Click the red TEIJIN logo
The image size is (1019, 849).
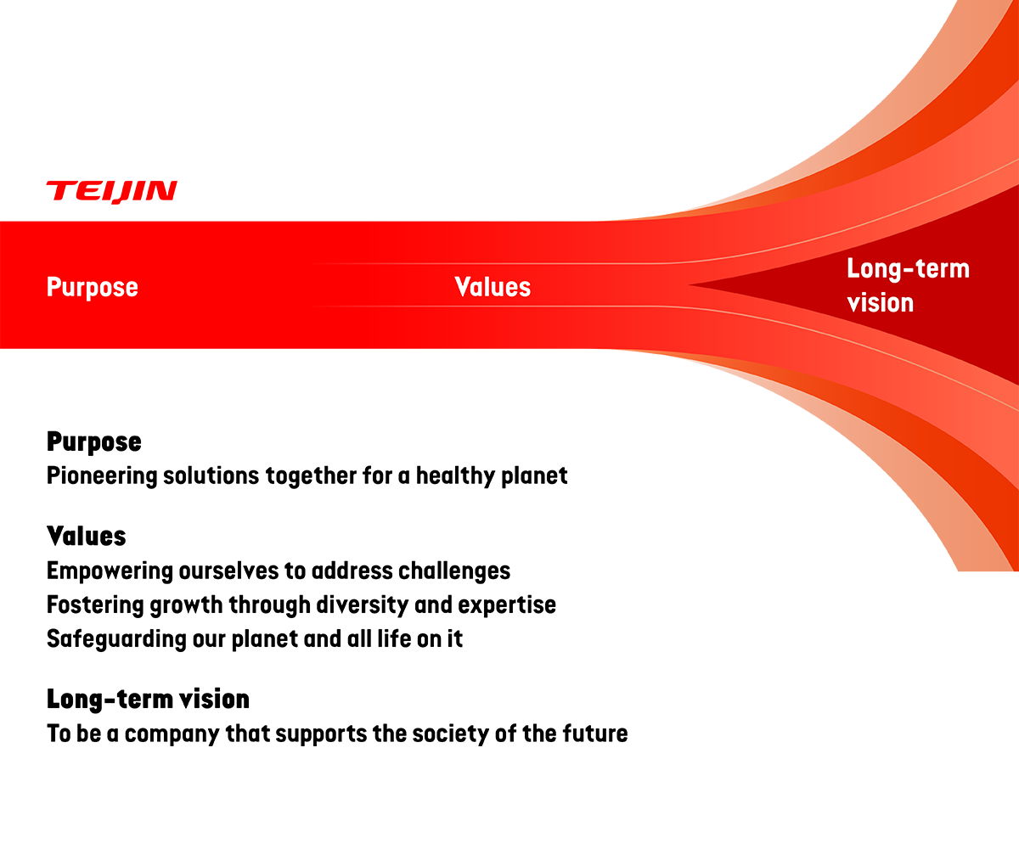click(x=112, y=192)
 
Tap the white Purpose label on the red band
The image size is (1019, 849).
click(x=93, y=288)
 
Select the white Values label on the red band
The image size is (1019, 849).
click(x=493, y=287)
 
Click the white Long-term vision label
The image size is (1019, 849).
click(x=909, y=286)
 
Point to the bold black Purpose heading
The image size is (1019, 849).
click(x=94, y=442)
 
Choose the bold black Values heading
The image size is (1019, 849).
click(x=87, y=536)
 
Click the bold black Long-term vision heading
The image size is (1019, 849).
click(x=149, y=700)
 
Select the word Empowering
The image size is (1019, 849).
click(x=110, y=571)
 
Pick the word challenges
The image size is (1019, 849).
click(x=454, y=571)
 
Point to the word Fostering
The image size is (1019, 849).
click(x=95, y=605)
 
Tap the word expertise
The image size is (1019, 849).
click(x=507, y=605)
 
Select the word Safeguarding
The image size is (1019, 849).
click(x=116, y=639)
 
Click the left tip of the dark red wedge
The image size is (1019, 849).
click(x=689, y=285)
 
